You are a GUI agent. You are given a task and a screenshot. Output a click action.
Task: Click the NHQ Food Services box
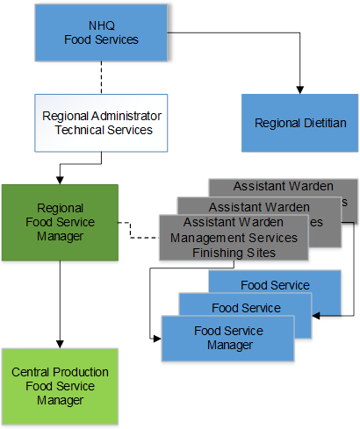[101, 32]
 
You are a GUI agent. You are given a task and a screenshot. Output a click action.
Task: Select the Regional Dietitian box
[300, 123]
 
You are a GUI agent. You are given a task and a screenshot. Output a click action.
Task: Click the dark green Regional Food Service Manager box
[60, 222]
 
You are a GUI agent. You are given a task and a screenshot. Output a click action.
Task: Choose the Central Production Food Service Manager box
[60, 386]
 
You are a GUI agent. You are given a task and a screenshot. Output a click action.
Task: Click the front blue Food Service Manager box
[223, 337]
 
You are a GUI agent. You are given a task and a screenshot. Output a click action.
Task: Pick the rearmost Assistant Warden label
[283, 186]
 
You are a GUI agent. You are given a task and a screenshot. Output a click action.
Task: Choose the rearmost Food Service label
[275, 285]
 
